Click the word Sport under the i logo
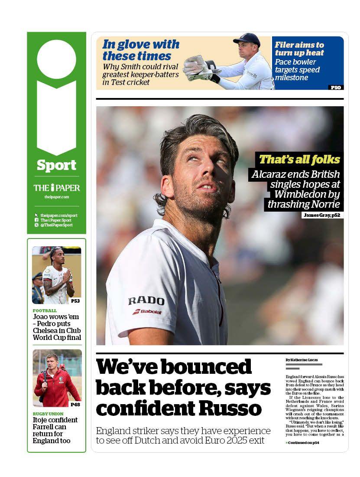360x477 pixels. [x=56, y=165]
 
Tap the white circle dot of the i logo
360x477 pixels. [x=56, y=59]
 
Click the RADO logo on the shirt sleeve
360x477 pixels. [x=146, y=301]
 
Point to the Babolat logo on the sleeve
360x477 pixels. [x=147, y=312]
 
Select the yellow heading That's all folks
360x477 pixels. [x=299, y=160]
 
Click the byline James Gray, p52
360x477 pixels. [x=322, y=215]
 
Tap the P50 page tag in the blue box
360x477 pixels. [x=336, y=87]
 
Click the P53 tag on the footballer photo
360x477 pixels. [x=75, y=301]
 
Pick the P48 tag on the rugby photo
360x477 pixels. [x=75, y=404]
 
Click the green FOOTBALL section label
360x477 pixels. [x=45, y=310]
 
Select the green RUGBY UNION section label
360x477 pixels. [x=48, y=414]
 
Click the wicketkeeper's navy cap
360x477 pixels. [x=247, y=39]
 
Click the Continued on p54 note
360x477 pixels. [x=302, y=442]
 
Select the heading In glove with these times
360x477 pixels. [x=140, y=50]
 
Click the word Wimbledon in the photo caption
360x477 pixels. [x=307, y=194]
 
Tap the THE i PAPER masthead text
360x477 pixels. [x=57, y=188]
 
